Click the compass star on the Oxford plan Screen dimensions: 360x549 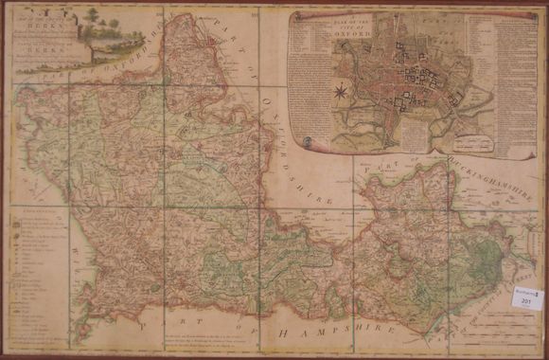point(339,92)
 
